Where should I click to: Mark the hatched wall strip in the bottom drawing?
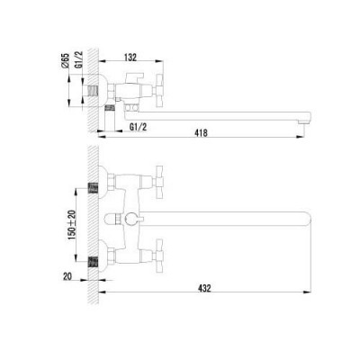tap(94, 225)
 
